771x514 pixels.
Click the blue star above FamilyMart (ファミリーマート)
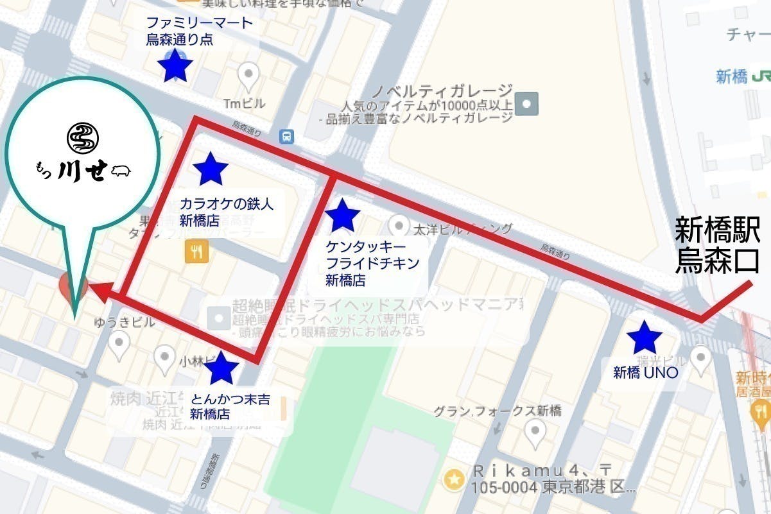(175, 65)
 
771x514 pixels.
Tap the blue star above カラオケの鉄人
(210, 169)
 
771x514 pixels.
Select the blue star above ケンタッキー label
(343, 216)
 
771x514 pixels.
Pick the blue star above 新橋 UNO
(644, 338)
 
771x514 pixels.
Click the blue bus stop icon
(287, 136)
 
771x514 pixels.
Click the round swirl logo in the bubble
(83, 137)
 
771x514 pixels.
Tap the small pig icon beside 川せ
(121, 171)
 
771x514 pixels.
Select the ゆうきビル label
(125, 323)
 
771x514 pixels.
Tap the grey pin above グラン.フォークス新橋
(535, 433)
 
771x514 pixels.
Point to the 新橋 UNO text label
(646, 372)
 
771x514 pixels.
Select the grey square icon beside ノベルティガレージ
(528, 101)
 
